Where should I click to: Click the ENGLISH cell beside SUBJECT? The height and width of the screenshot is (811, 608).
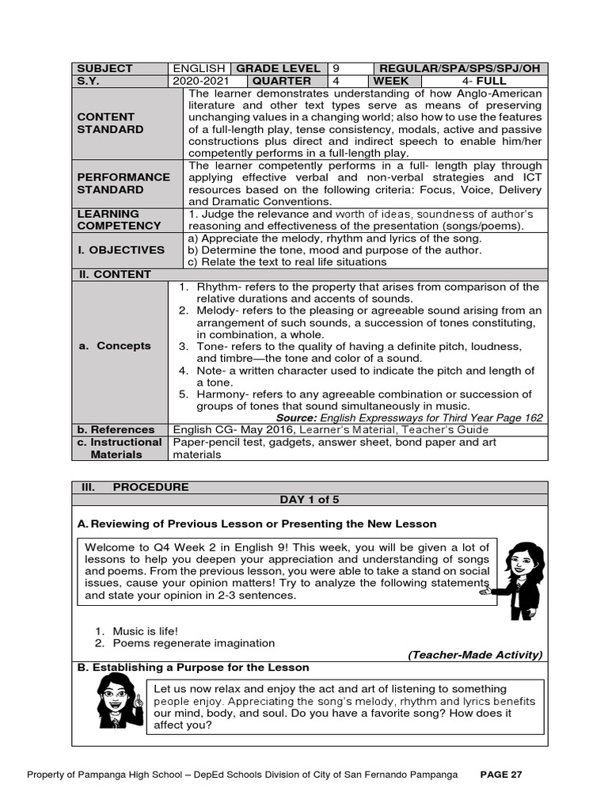pos(199,69)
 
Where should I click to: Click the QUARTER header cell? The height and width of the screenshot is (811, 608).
pos(282,81)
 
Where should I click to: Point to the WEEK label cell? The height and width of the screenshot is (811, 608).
pos(390,81)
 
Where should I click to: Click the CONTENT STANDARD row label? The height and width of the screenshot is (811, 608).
pos(110,123)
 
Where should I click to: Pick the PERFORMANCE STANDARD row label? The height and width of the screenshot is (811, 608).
pos(123,183)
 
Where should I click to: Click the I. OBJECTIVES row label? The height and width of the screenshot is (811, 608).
pos(120,249)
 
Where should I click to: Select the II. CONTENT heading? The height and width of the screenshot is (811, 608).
pos(114,274)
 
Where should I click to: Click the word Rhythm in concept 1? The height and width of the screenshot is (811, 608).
pos(216,287)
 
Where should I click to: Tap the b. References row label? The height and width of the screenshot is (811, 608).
pos(116,429)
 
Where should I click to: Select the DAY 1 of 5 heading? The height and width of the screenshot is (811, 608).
pos(309,500)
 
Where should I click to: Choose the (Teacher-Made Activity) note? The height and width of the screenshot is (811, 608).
pos(475,654)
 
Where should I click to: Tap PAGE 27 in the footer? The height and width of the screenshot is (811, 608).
pos(501,775)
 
